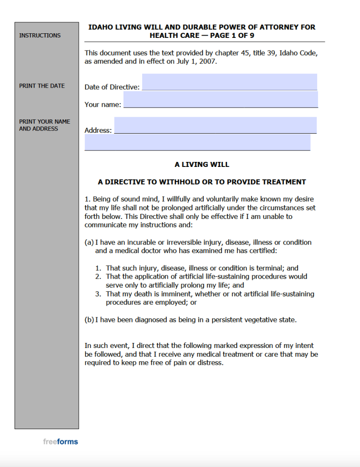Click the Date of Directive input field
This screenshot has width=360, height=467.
(x=229, y=82)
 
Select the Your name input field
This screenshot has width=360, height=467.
(x=221, y=99)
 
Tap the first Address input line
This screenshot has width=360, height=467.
(x=215, y=125)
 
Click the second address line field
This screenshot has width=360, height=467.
(x=197, y=142)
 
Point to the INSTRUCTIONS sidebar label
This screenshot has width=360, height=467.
(x=40, y=36)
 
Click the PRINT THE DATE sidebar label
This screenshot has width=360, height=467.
(x=42, y=86)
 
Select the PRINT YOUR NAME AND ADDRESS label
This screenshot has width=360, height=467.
(x=45, y=125)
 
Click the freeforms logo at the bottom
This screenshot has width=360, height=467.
(x=61, y=441)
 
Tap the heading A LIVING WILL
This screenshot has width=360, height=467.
(x=202, y=164)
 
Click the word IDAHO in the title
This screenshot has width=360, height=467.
(x=99, y=27)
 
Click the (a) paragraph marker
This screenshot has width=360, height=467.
(x=89, y=242)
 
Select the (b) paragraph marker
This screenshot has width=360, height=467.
(x=89, y=320)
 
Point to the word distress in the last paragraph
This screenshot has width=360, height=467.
(x=209, y=363)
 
